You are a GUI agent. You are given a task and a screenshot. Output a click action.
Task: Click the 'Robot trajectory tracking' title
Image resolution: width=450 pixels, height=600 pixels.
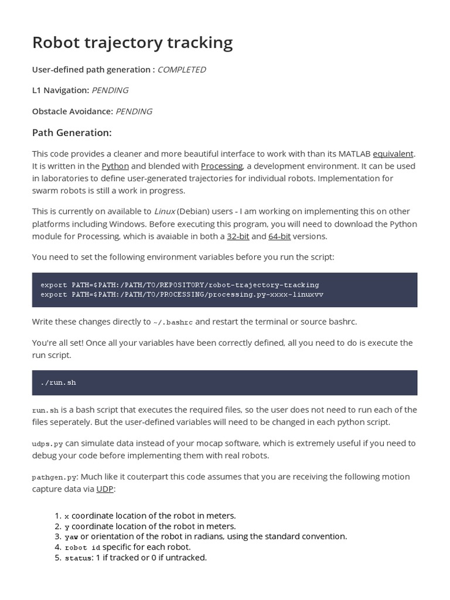tap(132, 42)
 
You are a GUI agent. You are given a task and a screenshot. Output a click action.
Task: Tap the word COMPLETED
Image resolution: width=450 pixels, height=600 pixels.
tap(182, 70)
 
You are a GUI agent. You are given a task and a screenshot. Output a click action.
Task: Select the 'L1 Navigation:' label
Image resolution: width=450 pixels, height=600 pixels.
tap(60, 90)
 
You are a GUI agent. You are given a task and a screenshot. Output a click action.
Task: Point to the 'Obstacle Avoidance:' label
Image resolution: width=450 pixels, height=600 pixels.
tap(72, 111)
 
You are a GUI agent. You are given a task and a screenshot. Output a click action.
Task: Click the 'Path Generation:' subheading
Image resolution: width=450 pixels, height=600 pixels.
tap(71, 133)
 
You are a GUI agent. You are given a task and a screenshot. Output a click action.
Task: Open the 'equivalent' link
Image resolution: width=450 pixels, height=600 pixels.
tap(393, 154)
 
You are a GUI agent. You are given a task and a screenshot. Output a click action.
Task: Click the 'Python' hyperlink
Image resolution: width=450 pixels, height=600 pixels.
tap(115, 166)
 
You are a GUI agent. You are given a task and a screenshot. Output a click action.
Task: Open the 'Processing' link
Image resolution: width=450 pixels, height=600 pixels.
tap(221, 166)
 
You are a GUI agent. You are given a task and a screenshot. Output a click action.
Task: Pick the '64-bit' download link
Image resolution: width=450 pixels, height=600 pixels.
tap(279, 237)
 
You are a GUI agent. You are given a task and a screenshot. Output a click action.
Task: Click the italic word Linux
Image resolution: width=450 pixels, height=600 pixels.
tap(165, 212)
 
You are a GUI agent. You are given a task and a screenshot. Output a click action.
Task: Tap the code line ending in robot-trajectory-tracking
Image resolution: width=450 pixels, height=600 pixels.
tap(180, 285)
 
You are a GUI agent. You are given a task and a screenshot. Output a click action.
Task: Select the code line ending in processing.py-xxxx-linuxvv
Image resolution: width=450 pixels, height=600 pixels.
tap(182, 295)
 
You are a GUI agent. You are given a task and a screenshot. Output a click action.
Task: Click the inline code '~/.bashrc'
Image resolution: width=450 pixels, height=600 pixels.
tap(173, 322)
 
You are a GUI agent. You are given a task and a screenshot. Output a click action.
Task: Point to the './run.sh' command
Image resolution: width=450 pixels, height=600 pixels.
tap(59, 383)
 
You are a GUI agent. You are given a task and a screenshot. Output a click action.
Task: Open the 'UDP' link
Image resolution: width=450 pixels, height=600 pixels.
tap(105, 489)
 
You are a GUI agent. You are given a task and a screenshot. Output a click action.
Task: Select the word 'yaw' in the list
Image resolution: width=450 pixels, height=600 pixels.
tap(71, 537)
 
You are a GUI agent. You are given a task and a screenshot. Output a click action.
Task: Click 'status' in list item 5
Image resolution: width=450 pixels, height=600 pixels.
tap(78, 558)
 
